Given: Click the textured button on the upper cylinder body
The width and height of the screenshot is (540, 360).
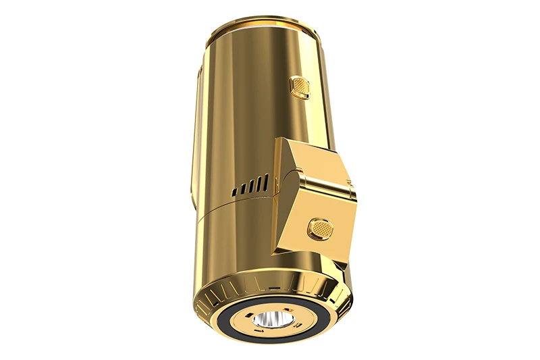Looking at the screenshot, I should (298, 86).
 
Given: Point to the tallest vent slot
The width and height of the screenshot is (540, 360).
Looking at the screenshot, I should (266, 182).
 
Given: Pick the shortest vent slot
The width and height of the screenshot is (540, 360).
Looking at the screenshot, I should (234, 192).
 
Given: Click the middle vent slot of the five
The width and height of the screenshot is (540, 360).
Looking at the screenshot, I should (250, 187).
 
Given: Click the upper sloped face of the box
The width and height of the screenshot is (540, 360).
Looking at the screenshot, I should (314, 162).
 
